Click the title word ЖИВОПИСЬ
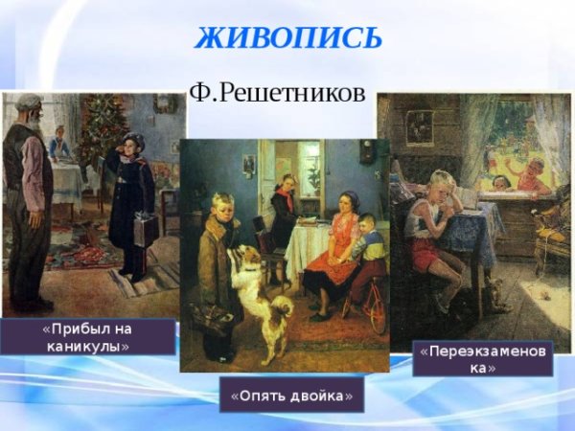[x=288, y=37]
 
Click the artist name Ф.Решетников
[x=278, y=94]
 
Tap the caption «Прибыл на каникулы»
[x=87, y=337]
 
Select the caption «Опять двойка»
[x=291, y=395]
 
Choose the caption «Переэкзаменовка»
[x=485, y=359]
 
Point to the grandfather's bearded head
[x=30, y=110]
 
